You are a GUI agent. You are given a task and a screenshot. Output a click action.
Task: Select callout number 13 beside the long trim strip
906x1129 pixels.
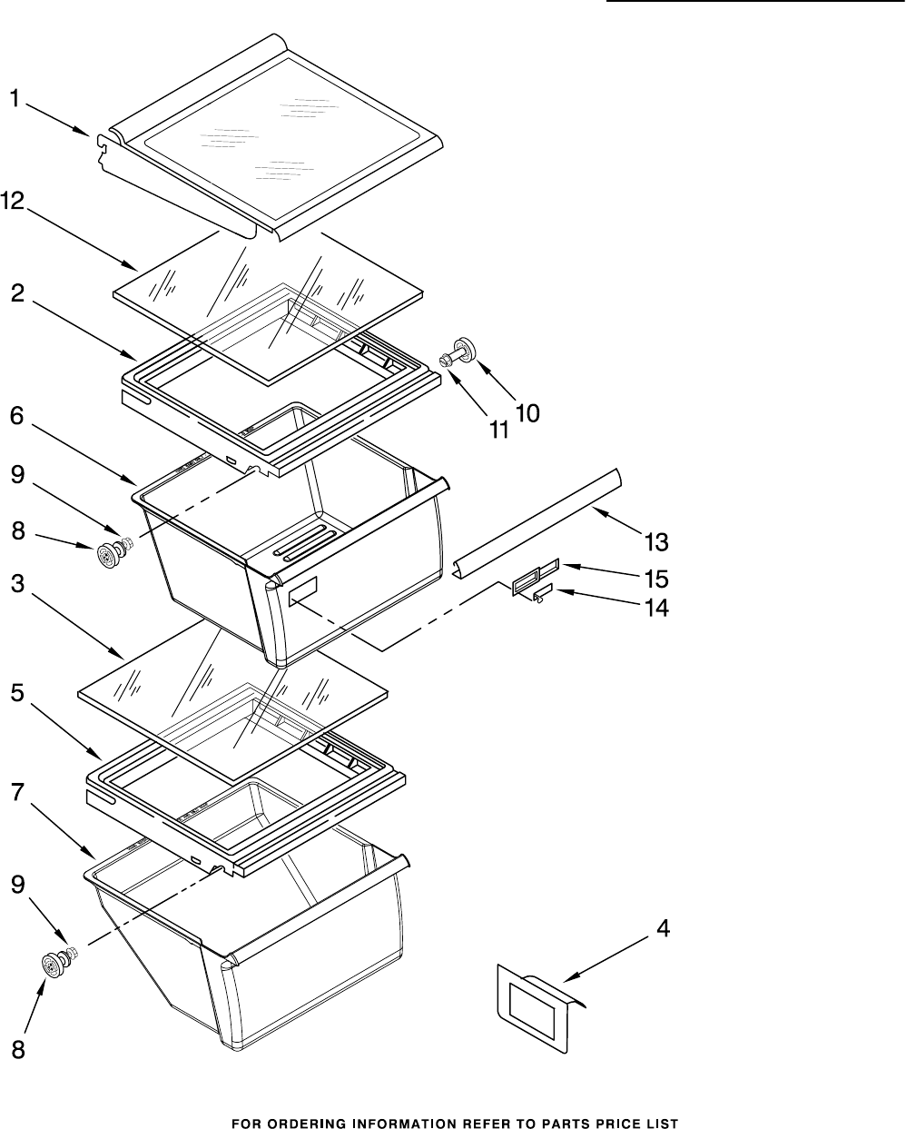pyautogui.click(x=656, y=542)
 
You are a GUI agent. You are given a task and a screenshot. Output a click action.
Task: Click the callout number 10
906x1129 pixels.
pyautogui.click(x=527, y=414)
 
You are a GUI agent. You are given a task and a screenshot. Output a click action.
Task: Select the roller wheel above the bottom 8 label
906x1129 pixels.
pyautogui.click(x=56, y=964)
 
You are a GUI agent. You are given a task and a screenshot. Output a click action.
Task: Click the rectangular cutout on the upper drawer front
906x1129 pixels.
pyautogui.click(x=303, y=593)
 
